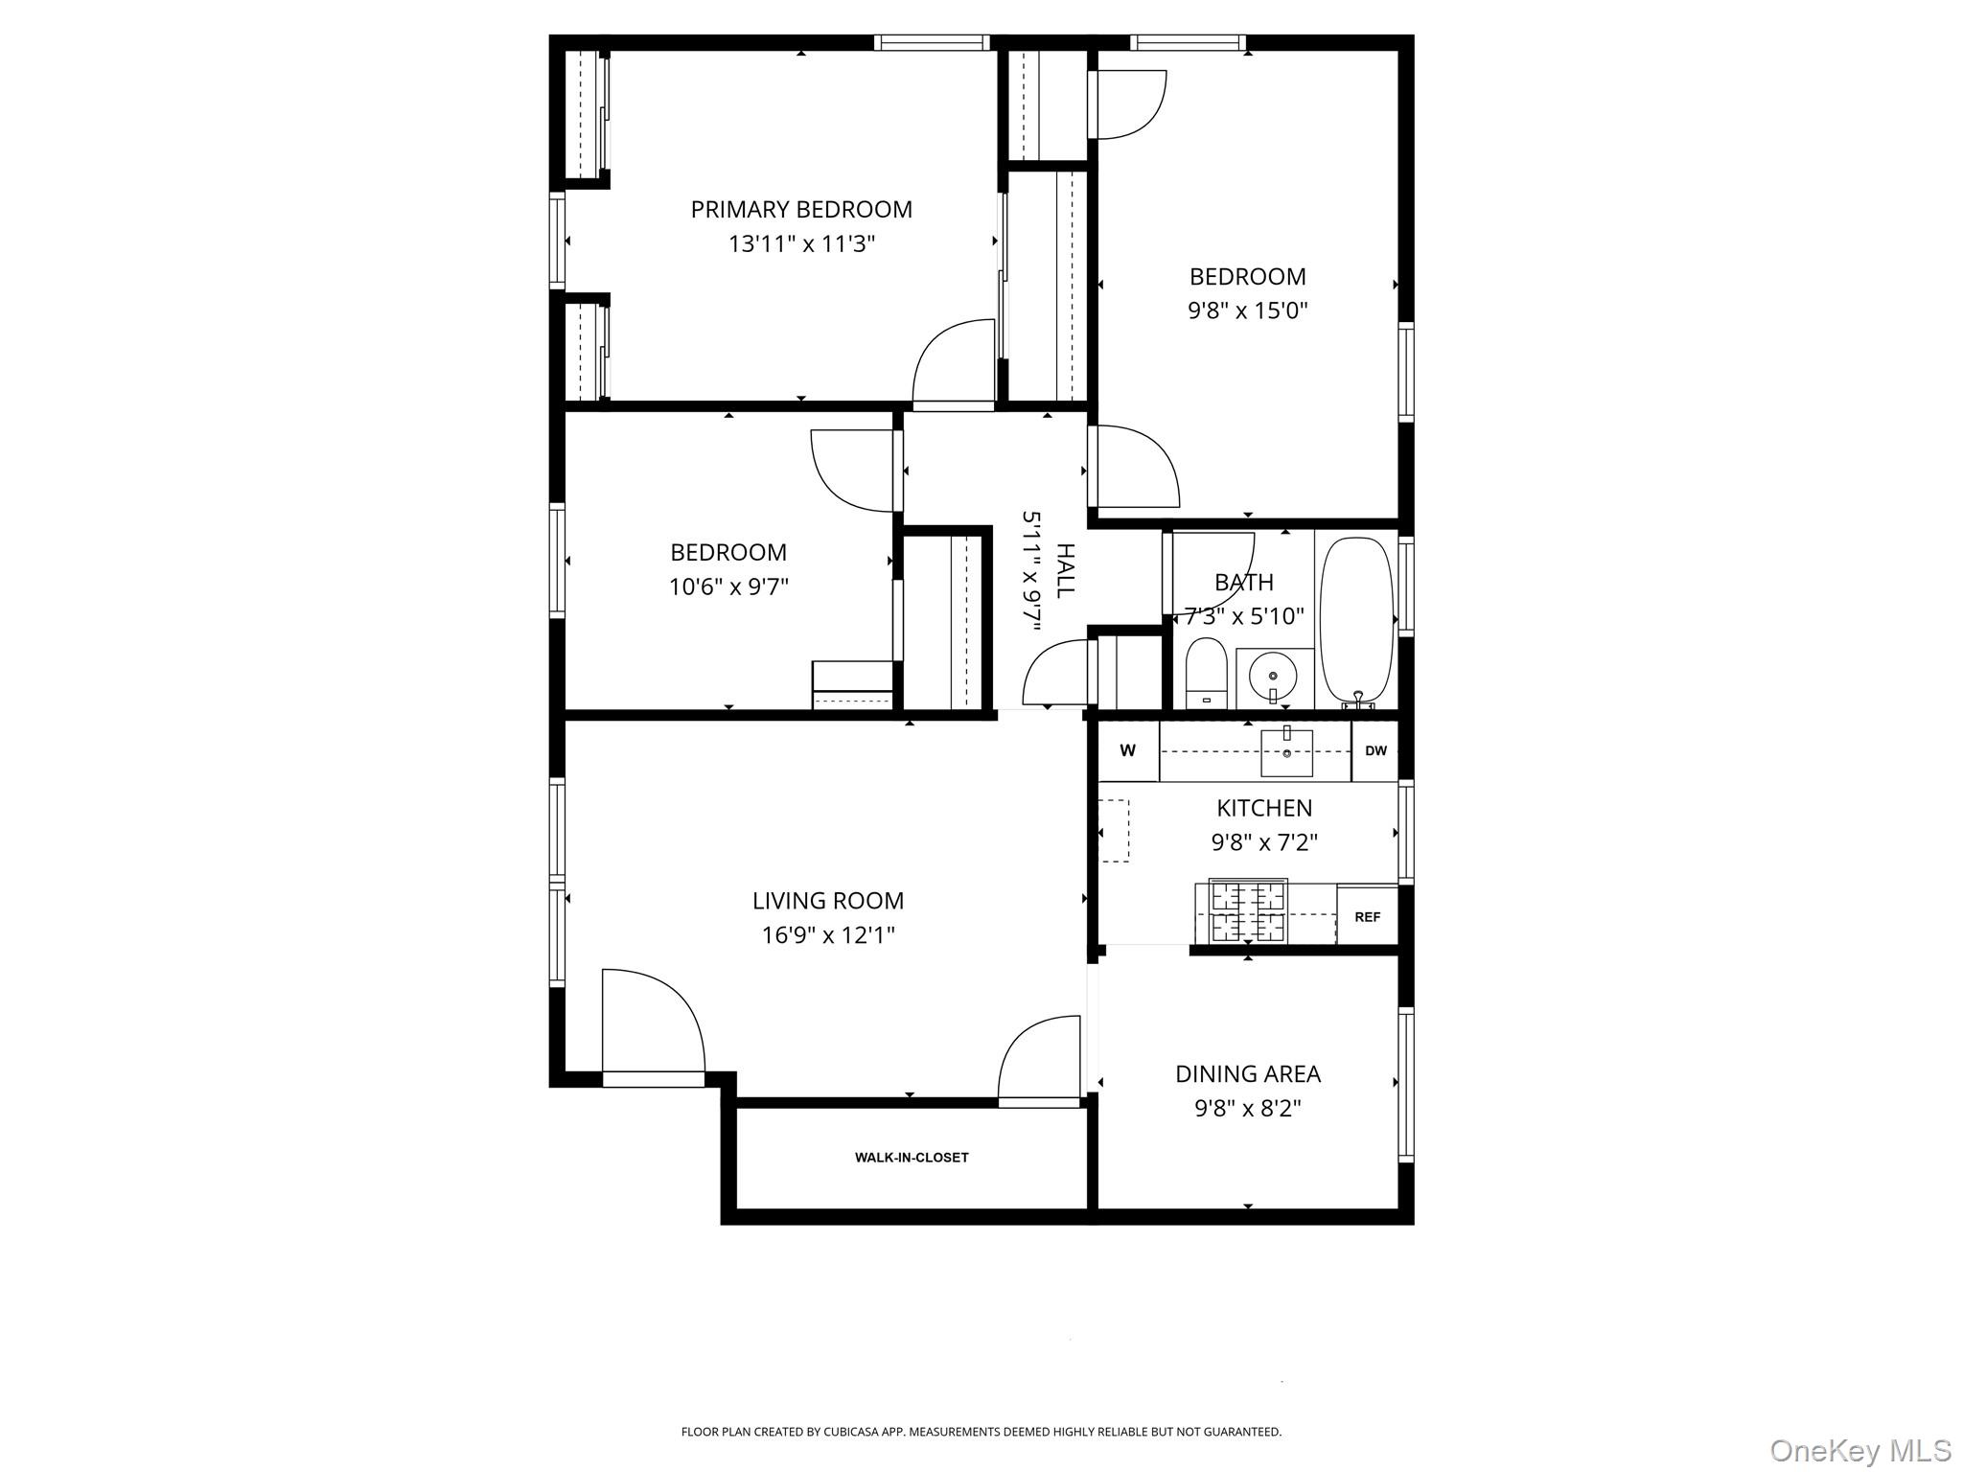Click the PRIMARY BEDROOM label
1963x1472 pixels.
click(801, 209)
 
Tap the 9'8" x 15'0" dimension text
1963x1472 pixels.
click(1247, 310)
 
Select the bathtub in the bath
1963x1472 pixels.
click(1356, 621)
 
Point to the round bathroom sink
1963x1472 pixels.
click(1273, 677)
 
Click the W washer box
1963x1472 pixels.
click(1128, 750)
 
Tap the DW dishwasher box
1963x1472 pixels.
click(1375, 750)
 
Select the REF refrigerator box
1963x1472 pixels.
click(1367, 917)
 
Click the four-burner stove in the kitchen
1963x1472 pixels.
click(1247, 911)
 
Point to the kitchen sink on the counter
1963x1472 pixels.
click(1285, 751)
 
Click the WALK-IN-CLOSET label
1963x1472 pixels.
click(912, 1158)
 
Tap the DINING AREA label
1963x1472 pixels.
click(1247, 1073)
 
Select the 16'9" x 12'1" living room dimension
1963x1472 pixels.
click(828, 934)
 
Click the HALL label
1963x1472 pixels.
click(1065, 569)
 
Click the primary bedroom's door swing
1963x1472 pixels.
click(955, 364)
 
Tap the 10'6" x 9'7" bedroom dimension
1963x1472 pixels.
click(728, 586)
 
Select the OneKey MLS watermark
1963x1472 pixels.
click(1859, 1450)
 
